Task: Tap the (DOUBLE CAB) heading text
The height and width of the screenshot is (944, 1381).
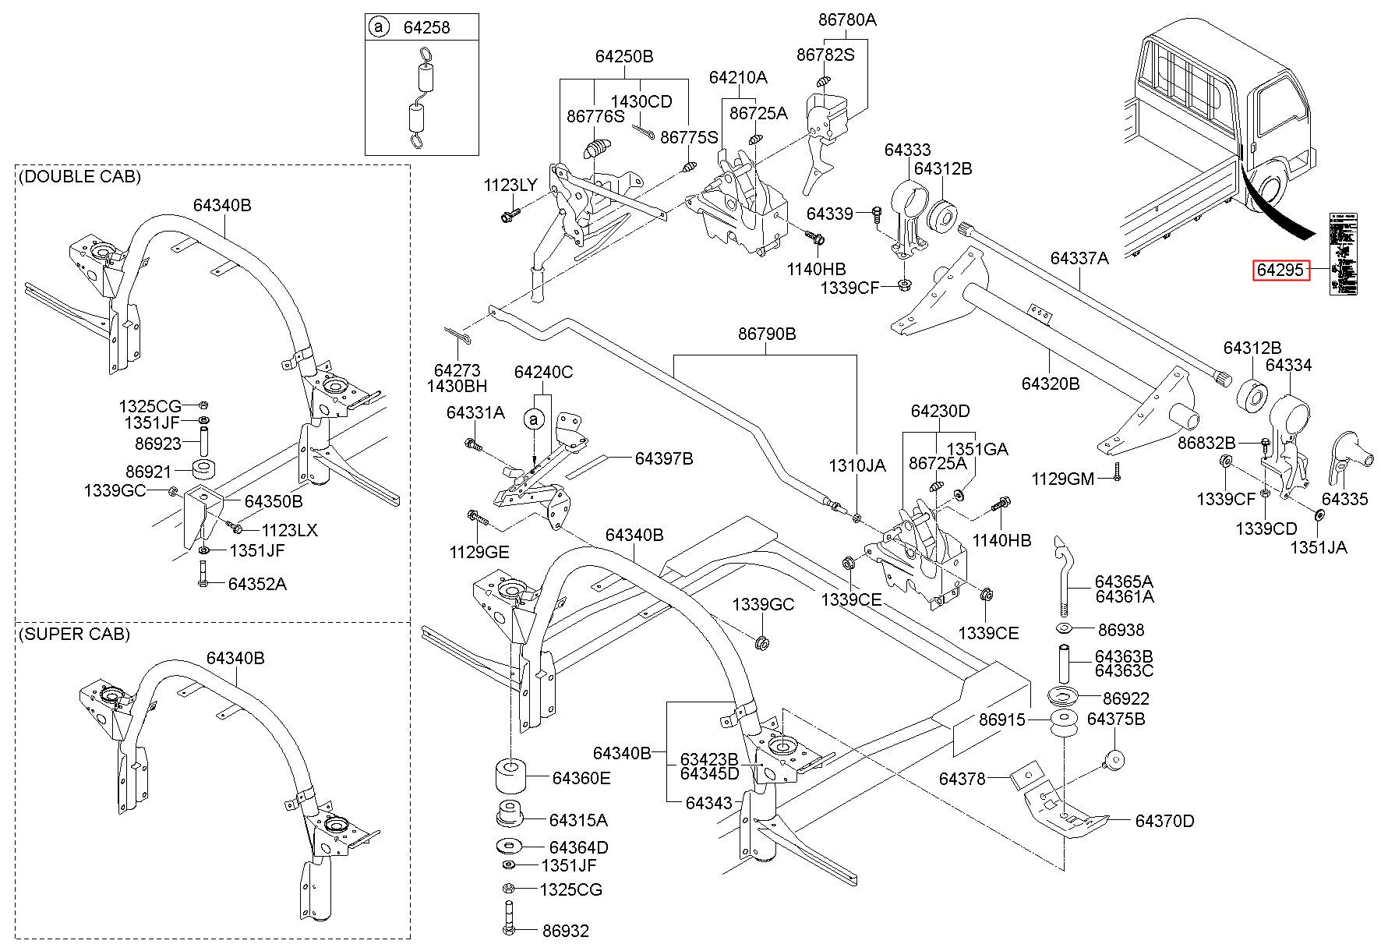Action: (x=79, y=177)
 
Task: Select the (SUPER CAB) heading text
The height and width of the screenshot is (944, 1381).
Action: (x=74, y=634)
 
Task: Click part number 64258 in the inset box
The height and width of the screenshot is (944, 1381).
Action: (x=426, y=27)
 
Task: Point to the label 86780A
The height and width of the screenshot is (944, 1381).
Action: (x=847, y=20)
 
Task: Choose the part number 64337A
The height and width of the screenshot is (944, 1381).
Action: (x=1079, y=258)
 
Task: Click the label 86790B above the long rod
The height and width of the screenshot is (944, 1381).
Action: (x=767, y=334)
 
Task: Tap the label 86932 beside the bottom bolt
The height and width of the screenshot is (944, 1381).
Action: (x=566, y=930)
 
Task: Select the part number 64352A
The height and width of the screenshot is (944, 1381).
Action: (x=257, y=584)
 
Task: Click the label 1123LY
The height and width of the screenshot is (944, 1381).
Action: (x=510, y=185)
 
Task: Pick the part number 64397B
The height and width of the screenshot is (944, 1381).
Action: (x=663, y=458)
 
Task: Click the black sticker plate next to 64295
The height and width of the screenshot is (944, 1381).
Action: (x=1344, y=254)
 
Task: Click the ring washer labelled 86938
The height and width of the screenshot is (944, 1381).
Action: (x=1065, y=629)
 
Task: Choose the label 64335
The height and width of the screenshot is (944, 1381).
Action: (x=1344, y=499)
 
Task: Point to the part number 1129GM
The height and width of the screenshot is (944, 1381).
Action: (x=1063, y=478)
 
